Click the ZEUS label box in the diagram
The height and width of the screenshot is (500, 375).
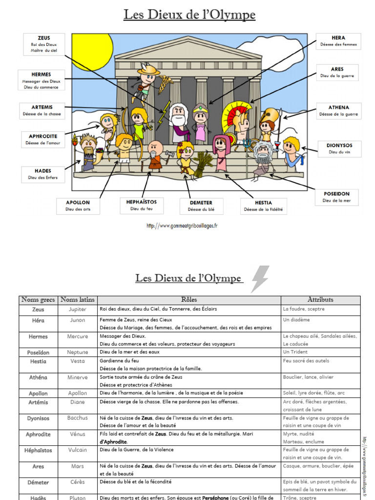coord(43,44)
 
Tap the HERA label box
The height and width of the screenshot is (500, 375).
coord(338,41)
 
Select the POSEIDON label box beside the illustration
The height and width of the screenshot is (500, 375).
coord(336,197)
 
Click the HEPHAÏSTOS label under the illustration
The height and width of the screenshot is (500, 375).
coord(142,205)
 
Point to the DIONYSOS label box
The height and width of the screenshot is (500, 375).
coord(339,148)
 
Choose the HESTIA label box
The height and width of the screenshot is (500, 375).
coord(263,206)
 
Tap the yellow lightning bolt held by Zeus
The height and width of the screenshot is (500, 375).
coord(163,114)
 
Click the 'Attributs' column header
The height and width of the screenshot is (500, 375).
coord(320,300)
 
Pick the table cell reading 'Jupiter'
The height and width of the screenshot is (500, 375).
coord(78,310)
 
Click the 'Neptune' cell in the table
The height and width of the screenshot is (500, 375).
coord(78,352)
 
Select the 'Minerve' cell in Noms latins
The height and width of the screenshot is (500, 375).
coord(78,377)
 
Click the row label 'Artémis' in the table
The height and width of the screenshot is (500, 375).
coord(38,402)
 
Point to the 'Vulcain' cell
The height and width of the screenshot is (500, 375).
coord(78,450)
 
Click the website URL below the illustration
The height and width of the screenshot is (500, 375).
coord(182,226)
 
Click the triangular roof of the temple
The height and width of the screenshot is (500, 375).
coord(188,49)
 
